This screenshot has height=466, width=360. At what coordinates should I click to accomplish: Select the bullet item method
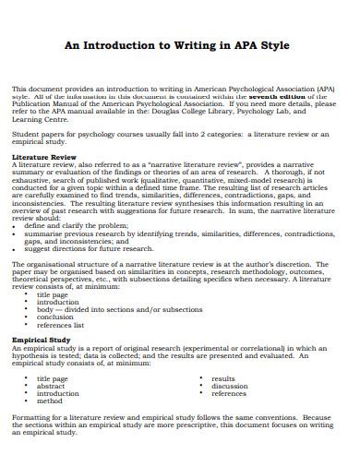(x=50, y=401)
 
